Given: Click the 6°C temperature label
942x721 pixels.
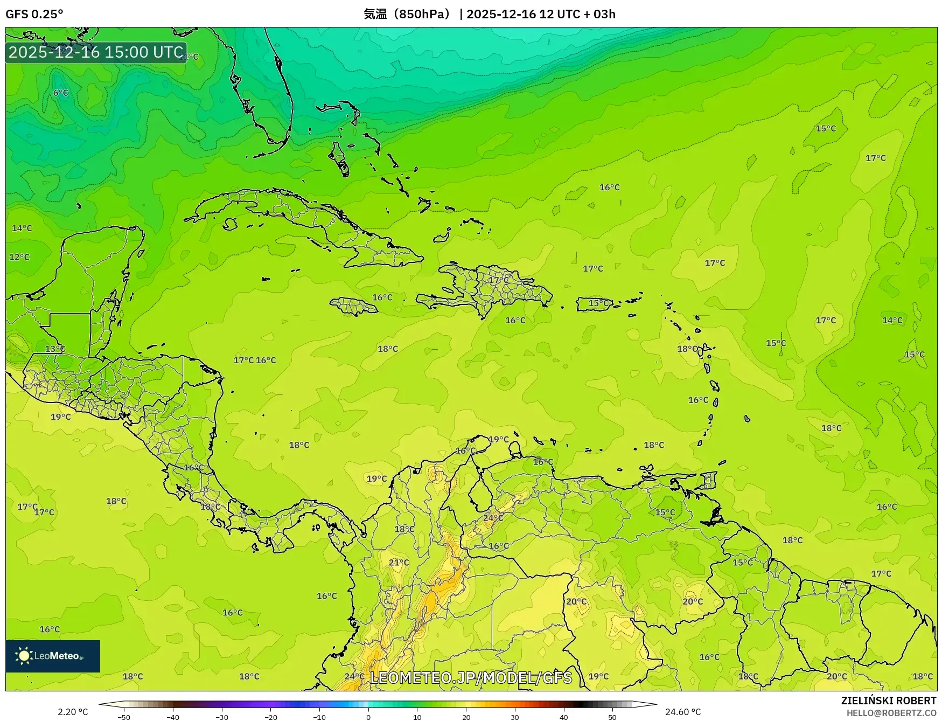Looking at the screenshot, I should [61, 93].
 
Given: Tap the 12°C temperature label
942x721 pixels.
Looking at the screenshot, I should [19, 257].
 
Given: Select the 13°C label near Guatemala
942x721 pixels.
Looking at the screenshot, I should [55, 349].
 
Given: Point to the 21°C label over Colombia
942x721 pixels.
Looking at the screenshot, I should [399, 563].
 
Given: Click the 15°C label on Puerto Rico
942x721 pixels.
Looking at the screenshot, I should [598, 303].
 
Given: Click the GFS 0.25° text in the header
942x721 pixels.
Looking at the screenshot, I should [34, 14].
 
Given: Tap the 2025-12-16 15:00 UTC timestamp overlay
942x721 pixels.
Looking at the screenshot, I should [96, 52].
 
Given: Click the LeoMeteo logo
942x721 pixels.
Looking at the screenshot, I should [53, 656].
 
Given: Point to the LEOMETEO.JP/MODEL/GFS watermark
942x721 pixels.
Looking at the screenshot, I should [471, 677].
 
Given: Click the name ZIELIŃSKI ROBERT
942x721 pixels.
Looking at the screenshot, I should [889, 701].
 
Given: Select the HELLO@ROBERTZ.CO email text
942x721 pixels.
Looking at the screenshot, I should [891, 713].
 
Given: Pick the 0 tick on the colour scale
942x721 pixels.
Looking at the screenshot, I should [368, 717].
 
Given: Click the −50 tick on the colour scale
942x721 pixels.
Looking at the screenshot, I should [123, 717].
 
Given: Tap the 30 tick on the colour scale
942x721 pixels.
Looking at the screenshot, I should [515, 717].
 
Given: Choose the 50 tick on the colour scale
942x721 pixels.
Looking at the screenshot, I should [612, 717].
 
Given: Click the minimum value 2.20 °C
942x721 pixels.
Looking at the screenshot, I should [73, 712].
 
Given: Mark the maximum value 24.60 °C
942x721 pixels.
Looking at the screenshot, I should [683, 712].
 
